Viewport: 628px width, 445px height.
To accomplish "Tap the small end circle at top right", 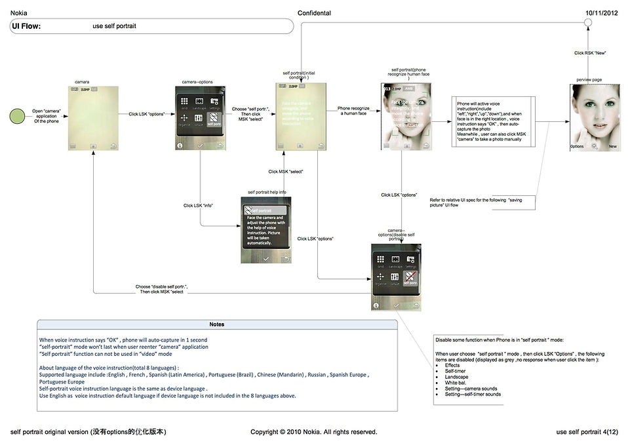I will (588, 24).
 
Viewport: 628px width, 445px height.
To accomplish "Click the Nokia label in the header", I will (19, 13).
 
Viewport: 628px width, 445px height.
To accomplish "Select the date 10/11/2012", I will (602, 13).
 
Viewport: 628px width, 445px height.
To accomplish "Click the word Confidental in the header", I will (314, 13).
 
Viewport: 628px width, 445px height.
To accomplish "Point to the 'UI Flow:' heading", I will (26, 26).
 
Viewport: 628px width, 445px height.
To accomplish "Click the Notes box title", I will (216, 324).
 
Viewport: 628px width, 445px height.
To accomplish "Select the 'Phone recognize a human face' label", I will (353, 111).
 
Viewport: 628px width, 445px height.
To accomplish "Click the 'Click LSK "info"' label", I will (197, 206).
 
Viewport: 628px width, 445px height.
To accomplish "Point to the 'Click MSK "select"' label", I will (285, 172).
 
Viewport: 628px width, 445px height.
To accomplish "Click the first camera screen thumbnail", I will (94, 118).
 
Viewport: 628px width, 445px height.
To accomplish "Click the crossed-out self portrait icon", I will (411, 280).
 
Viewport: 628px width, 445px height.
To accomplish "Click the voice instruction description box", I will (494, 123).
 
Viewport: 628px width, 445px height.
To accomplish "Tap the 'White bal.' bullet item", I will (457, 383).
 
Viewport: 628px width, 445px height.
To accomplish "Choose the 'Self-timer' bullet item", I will (456, 371).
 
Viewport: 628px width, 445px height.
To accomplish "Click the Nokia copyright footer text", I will (314, 432).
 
